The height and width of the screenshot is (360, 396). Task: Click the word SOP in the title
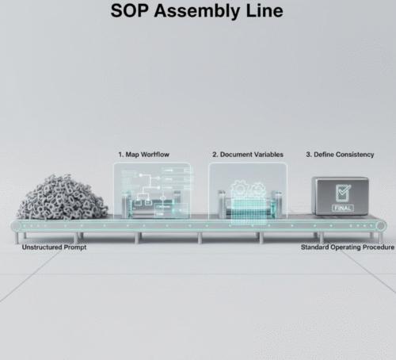coord(129,11)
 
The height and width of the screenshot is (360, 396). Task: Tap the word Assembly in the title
coord(196,12)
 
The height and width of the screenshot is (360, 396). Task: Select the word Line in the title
coord(265,11)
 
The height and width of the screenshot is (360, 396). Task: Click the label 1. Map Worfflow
coord(144,155)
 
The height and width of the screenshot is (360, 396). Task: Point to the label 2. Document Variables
coord(248,155)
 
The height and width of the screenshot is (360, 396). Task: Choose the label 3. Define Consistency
coord(340,155)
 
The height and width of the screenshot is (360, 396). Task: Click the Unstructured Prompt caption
coord(54,247)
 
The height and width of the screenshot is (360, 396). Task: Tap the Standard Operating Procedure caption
coord(348,247)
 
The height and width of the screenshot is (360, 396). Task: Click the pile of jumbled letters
coord(62,197)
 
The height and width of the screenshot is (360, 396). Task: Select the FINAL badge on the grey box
coord(343,208)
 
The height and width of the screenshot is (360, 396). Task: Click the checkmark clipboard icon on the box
coord(343,193)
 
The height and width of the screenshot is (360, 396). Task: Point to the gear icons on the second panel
coord(248,189)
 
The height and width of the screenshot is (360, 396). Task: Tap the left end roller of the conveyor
coord(17,227)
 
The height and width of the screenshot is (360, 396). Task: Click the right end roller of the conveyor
coord(381,227)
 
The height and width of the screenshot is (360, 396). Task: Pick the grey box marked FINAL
coord(341,196)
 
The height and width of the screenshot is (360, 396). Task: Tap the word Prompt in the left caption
coord(75,247)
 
